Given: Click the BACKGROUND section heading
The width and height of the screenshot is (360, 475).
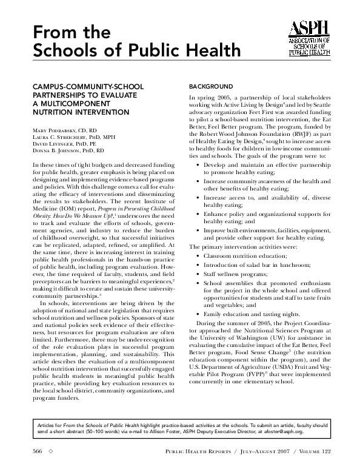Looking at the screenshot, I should (x=211, y=87).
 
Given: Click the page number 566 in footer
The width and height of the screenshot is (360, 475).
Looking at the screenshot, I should (x=37, y=453).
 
